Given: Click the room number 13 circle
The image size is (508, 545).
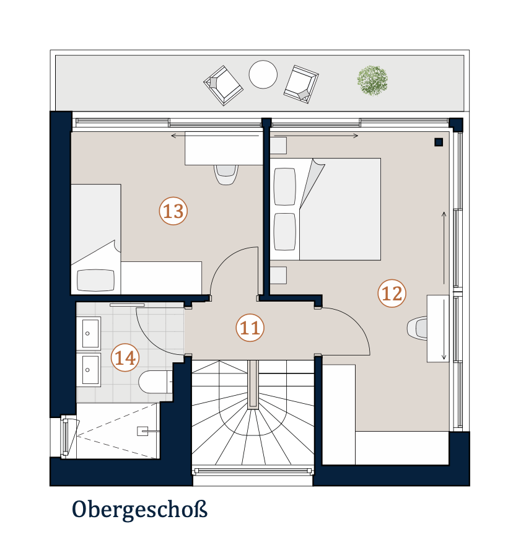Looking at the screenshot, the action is (x=173, y=211).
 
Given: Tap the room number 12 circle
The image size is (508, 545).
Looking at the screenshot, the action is (x=392, y=294).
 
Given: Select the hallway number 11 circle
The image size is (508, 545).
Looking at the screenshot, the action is (x=250, y=328).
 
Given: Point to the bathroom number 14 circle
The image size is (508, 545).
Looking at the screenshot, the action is (x=125, y=358).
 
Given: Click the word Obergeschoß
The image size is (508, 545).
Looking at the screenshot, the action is (x=139, y=510).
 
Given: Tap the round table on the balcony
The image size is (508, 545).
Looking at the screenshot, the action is (x=263, y=74).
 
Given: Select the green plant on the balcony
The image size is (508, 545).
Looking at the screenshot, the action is (x=372, y=81).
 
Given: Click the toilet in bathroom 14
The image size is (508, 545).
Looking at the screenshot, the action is (x=155, y=381).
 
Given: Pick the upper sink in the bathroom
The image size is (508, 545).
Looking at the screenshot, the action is (x=89, y=333).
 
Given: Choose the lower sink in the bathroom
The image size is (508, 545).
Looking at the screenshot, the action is (x=89, y=370).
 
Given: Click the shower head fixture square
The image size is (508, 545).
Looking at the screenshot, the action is (x=142, y=431).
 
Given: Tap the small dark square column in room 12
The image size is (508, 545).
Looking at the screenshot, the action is (x=439, y=142).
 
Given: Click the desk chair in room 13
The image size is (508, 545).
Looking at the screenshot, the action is (x=226, y=175).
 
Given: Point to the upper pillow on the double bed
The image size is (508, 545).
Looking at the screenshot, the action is (x=285, y=186).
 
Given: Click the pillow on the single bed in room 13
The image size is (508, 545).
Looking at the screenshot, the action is (x=95, y=280).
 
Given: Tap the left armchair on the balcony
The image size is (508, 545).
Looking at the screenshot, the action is (x=223, y=85).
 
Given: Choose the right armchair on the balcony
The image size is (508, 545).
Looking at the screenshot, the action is (x=301, y=84).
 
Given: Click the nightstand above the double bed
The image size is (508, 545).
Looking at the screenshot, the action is (x=279, y=146).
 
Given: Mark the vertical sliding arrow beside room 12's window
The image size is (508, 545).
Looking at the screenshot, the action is (x=444, y=248).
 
